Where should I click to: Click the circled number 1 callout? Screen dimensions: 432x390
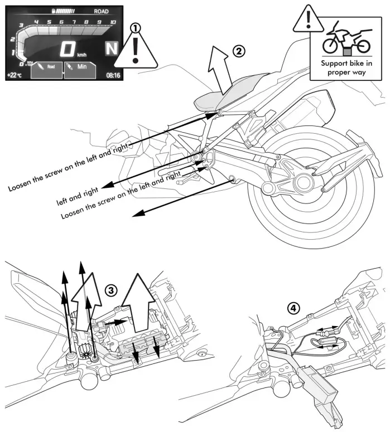point(134,26)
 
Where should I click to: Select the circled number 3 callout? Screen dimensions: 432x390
point(112,289)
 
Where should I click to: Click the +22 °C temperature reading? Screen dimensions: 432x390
point(16,74)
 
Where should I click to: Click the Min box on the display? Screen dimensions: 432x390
point(80,70)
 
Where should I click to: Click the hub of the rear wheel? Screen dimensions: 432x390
point(305,182)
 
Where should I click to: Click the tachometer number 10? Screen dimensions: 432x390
point(113,22)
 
